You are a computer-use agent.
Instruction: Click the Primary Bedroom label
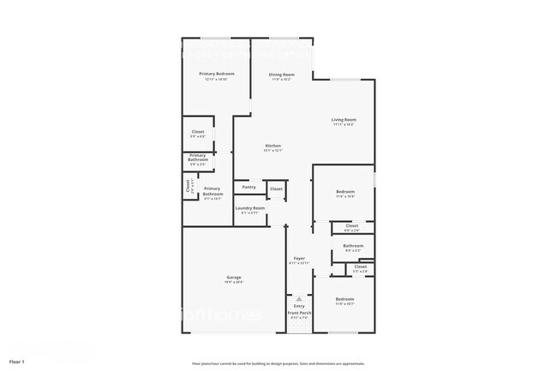[x=217, y=74]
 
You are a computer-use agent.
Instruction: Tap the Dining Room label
[x=282, y=74]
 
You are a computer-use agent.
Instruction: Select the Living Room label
[x=344, y=119]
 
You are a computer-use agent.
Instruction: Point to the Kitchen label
[x=273, y=147]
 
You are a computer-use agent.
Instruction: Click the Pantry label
[x=249, y=187]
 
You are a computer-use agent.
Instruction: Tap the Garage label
[x=234, y=277]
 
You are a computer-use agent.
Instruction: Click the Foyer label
[x=299, y=258]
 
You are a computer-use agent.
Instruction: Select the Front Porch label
[x=299, y=314]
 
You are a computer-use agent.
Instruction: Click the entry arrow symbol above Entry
[x=299, y=299]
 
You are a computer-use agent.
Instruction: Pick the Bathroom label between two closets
[x=353, y=246]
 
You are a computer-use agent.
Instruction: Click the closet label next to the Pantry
[x=276, y=188]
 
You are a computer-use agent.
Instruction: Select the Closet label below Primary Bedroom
[x=197, y=132]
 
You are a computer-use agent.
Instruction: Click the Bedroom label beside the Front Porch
[x=344, y=300]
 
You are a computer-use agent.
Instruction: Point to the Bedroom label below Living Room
[x=344, y=191]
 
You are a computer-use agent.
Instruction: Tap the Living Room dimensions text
[x=344, y=124]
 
